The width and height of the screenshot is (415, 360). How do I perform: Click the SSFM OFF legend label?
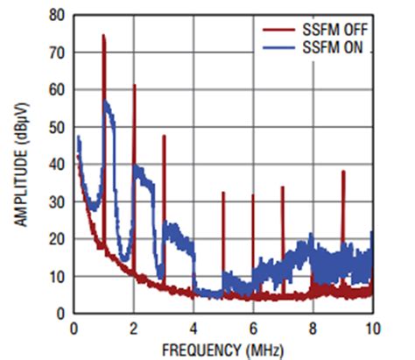(x=337, y=30)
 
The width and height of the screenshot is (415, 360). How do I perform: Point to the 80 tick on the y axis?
(x=57, y=16)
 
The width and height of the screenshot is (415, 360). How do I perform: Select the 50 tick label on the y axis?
(x=57, y=127)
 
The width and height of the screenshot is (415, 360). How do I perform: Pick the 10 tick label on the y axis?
(x=57, y=276)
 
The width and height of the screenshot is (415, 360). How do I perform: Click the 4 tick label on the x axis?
(x=193, y=328)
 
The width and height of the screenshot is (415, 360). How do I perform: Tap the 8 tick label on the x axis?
(x=313, y=328)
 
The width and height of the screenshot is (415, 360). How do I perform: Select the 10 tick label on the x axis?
(x=371, y=328)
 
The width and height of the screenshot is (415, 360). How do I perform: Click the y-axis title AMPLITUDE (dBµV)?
(x=21, y=164)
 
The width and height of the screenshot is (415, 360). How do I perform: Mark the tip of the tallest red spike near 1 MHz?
(x=103, y=36)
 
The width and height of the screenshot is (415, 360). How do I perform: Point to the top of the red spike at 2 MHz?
(x=134, y=85)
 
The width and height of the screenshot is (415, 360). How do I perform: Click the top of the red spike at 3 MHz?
(x=164, y=136)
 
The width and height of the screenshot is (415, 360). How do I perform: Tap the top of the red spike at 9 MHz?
(x=343, y=171)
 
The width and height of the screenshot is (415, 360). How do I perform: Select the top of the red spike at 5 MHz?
(x=223, y=192)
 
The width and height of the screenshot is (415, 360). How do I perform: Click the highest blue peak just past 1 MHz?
(x=107, y=102)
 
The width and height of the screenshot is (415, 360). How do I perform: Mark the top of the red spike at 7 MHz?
(x=283, y=187)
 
